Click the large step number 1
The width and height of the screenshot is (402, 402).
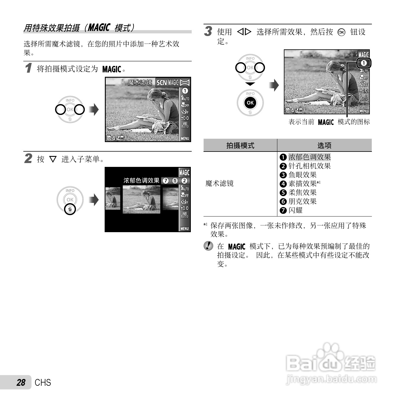point(28,68)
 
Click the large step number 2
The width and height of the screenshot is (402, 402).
point(28,158)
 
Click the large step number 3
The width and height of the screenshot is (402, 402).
point(208,31)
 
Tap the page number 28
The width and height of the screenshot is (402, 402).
point(21,383)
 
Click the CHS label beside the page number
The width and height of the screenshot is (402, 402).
point(43,383)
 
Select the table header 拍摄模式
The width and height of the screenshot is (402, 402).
point(240,145)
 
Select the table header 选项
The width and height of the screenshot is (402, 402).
point(324,145)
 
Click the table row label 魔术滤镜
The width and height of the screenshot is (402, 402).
point(219,183)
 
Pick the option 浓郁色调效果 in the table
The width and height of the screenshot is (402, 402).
point(309,157)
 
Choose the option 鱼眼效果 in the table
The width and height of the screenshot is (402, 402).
point(302,175)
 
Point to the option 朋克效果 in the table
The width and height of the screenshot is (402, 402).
point(302,201)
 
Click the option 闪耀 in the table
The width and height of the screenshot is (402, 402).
point(295,210)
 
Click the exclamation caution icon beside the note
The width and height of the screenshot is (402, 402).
point(209,246)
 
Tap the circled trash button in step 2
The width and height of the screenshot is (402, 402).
point(70,209)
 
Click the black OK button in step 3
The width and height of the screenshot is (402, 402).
point(250,103)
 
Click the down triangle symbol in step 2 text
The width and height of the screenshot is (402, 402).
point(53,160)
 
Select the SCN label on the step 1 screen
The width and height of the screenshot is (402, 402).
point(162,83)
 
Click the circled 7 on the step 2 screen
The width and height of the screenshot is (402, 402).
point(166,181)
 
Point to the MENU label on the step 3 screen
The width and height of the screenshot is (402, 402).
point(364,111)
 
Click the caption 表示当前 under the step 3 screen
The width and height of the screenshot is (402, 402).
point(301,122)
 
